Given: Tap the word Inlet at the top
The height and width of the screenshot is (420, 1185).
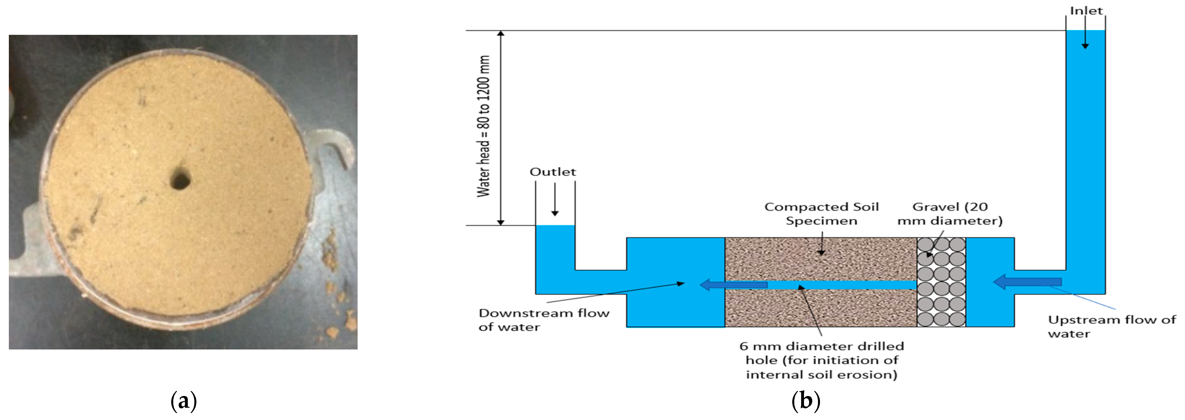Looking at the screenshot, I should point(1086,11).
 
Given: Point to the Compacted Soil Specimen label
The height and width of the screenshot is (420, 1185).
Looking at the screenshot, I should point(822,214).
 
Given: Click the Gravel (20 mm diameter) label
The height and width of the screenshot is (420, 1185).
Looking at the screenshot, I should point(950,214).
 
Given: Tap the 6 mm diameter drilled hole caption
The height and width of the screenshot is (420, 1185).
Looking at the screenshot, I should point(822,360).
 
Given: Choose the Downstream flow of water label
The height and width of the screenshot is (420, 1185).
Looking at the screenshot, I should point(544,320).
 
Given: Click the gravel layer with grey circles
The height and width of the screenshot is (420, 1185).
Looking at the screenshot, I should point(941,282).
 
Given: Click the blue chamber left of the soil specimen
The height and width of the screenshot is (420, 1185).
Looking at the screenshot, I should point(675,258).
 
